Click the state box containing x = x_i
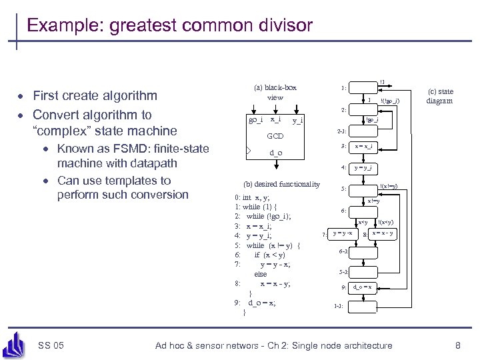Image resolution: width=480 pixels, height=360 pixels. (x=363, y=147)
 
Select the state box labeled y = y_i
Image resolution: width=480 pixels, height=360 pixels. (x=363, y=168)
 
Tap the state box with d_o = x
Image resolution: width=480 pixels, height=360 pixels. (x=363, y=287)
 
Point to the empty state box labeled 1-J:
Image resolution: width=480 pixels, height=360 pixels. (x=363, y=307)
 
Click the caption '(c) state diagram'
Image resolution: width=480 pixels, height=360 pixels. (x=440, y=97)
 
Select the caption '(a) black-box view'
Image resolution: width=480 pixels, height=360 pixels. (x=275, y=92)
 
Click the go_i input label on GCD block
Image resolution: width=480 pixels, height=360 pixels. (x=255, y=120)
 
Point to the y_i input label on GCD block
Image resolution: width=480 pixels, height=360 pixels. (x=298, y=120)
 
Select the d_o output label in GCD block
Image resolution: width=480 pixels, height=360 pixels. (x=275, y=153)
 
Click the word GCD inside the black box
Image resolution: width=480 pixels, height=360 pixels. (x=275, y=136)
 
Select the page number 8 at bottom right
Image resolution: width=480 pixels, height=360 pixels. (x=457, y=345)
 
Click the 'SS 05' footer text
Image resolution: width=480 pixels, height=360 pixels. (x=51, y=345)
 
